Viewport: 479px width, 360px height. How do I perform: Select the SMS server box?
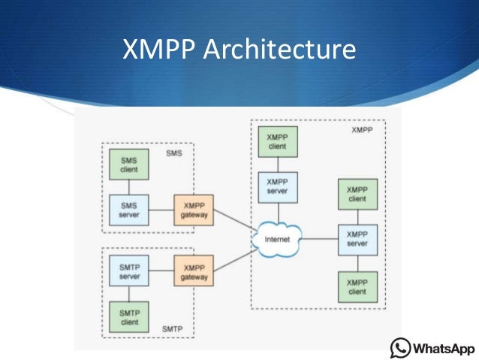click(x=125, y=210)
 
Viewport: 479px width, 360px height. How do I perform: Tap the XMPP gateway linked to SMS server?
click(x=194, y=210)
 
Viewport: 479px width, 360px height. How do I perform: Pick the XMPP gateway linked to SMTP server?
click(x=194, y=271)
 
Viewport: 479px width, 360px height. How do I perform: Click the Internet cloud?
click(x=277, y=240)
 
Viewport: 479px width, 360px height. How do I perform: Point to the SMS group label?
click(x=174, y=153)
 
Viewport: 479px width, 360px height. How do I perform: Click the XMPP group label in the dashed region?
click(x=362, y=130)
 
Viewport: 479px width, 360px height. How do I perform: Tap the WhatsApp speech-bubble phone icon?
click(x=401, y=348)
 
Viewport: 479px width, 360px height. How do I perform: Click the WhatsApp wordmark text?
click(x=444, y=349)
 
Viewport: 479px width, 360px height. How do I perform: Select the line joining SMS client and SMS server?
click(x=125, y=188)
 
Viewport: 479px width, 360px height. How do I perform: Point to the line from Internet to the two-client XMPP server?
click(x=319, y=240)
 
